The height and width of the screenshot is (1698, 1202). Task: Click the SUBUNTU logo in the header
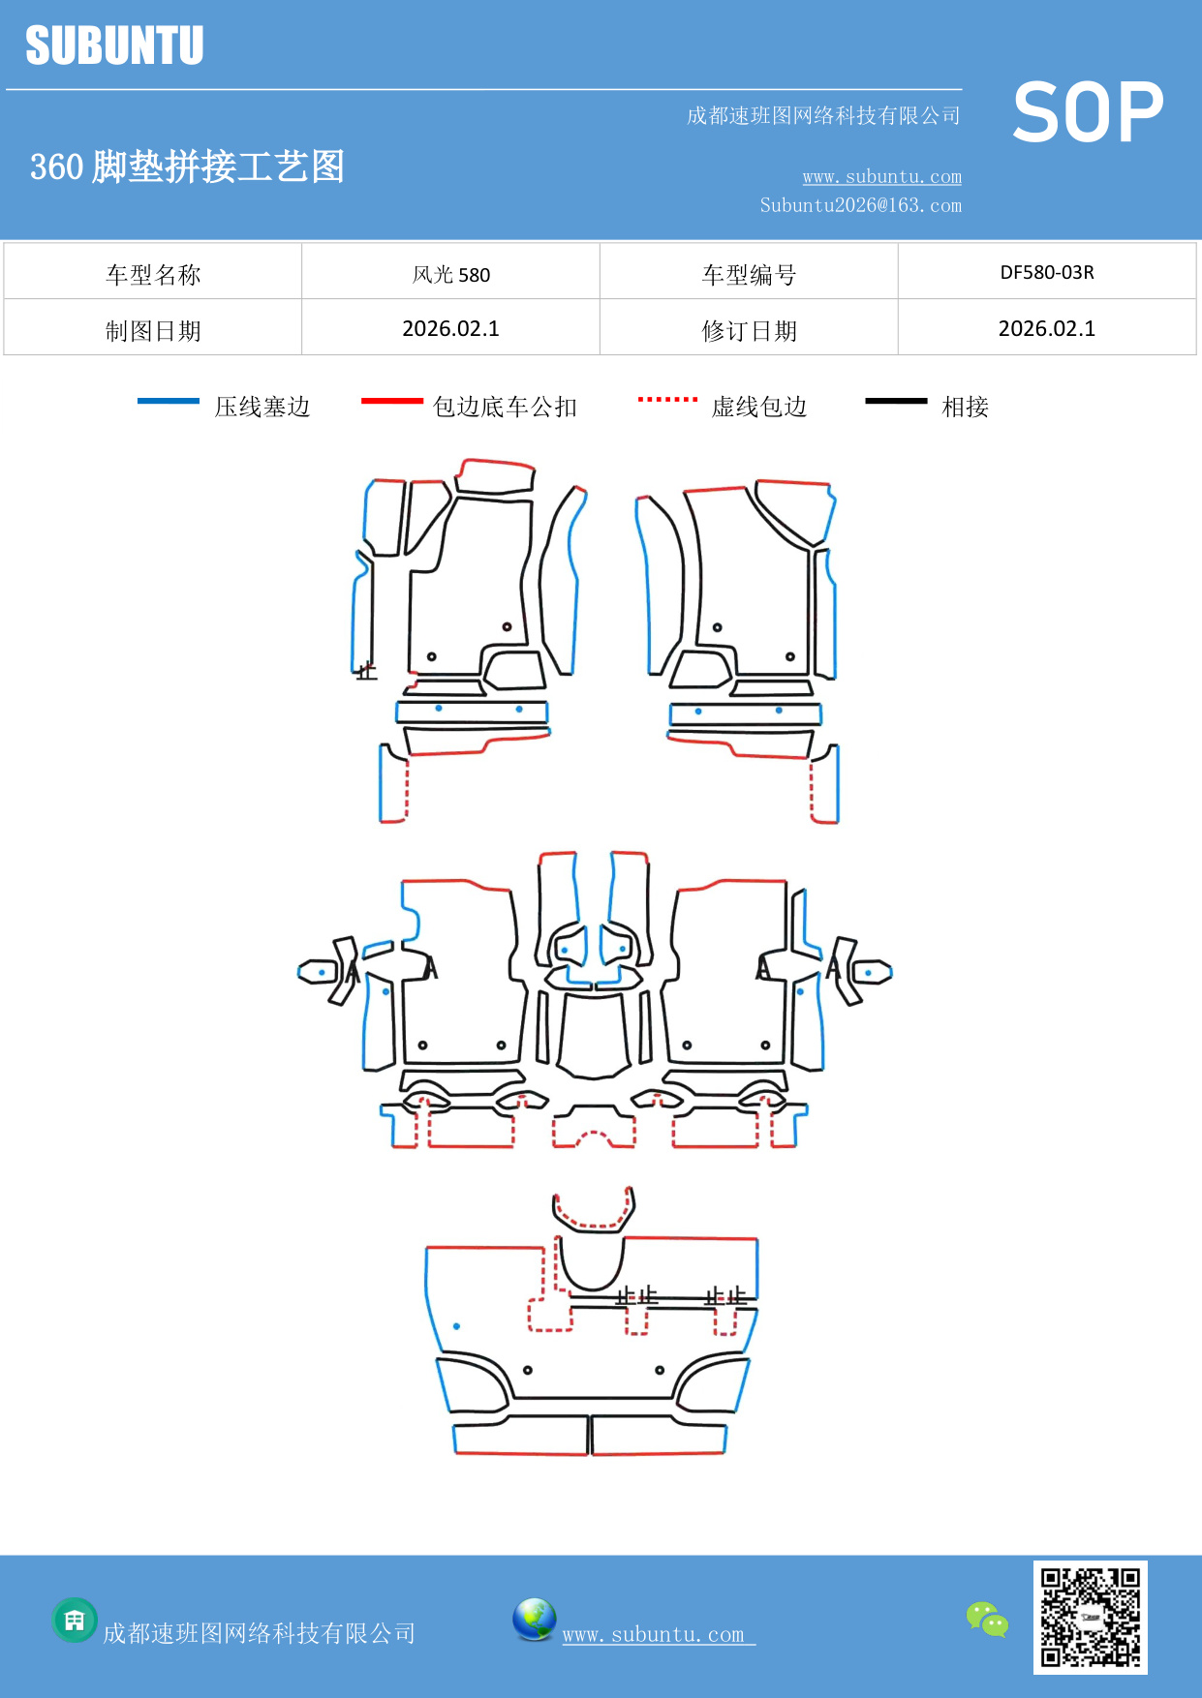click(114, 45)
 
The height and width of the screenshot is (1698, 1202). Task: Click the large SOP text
click(1088, 113)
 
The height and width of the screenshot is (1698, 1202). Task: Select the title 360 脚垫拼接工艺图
click(187, 167)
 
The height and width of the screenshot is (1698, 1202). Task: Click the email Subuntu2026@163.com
click(860, 205)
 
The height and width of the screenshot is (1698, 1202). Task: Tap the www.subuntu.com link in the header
click(881, 177)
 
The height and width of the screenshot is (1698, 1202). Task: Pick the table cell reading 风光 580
click(451, 274)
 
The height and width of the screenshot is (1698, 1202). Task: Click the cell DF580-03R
click(1047, 273)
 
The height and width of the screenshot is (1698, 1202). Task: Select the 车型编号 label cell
click(749, 275)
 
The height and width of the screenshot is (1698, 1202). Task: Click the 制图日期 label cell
click(153, 331)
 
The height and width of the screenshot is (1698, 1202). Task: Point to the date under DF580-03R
click(1047, 329)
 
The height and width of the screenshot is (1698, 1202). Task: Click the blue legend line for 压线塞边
click(169, 401)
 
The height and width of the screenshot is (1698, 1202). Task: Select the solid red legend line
click(391, 401)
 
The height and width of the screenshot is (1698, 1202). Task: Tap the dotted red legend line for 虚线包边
click(667, 399)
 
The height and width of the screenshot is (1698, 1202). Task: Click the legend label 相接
click(965, 407)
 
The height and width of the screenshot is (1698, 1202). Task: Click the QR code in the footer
click(1090, 1618)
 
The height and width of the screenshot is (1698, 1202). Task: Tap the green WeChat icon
click(987, 1620)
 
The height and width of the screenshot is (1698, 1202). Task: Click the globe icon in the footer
click(534, 1620)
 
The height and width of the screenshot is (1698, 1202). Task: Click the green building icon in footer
click(75, 1620)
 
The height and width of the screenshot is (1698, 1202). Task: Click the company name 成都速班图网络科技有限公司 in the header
click(823, 116)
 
